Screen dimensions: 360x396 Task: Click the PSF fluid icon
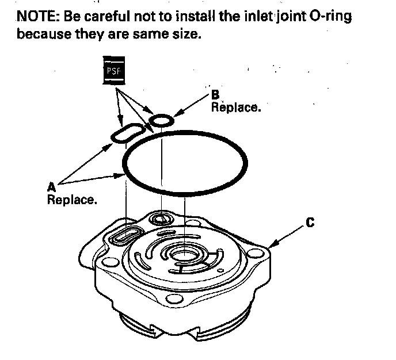click(113, 71)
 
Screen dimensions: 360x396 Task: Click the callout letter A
click(50, 186)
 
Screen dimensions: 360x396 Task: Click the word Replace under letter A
click(71, 200)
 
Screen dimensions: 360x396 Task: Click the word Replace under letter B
click(236, 107)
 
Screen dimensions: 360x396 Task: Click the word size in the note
click(185, 34)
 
